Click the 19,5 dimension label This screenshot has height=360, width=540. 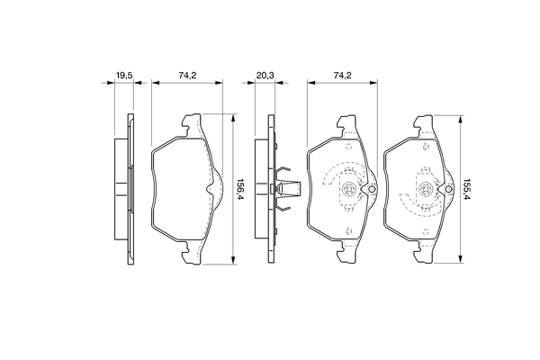point(124,76)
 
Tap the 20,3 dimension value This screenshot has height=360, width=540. point(265,76)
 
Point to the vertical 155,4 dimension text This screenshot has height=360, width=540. point(467,190)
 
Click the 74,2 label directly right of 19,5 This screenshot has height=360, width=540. point(187,76)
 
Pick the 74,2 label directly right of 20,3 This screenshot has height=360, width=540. point(342,76)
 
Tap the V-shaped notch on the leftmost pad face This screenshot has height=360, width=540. point(210,189)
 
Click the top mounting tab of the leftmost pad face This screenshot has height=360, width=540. point(192,125)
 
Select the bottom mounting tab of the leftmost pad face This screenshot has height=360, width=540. point(192,253)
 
